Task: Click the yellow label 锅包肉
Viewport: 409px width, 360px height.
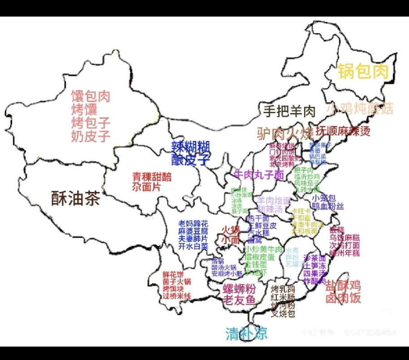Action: (363, 71)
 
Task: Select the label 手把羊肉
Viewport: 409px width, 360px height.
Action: (289, 111)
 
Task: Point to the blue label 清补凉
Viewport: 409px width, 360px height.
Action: (246, 333)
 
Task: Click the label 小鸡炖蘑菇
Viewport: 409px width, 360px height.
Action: (360, 108)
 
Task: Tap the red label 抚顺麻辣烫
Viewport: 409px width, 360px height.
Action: (344, 132)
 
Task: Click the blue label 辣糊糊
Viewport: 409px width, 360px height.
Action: (191, 146)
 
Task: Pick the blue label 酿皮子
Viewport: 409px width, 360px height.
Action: (191, 159)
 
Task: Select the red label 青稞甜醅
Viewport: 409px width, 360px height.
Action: (152, 177)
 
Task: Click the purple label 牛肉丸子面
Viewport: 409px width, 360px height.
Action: (259, 174)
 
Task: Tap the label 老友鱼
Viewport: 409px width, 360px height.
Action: (240, 300)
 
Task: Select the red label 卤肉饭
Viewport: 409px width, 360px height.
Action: (343, 298)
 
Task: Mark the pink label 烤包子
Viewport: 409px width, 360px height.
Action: (90, 122)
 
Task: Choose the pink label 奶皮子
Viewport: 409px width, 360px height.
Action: (90, 136)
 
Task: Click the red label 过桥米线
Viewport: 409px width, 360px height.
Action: (177, 296)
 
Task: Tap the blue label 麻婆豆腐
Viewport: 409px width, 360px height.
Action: (193, 231)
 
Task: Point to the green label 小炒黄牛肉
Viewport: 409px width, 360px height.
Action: (264, 249)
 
